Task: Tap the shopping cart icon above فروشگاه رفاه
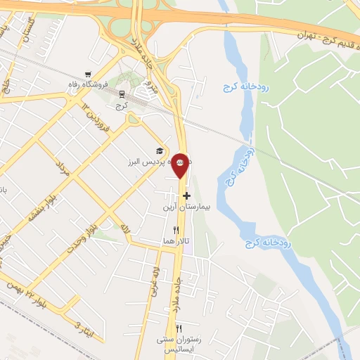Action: click(87, 73)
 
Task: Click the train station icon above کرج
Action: click(122, 93)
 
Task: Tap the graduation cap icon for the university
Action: click(160, 150)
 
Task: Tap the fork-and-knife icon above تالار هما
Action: click(176, 230)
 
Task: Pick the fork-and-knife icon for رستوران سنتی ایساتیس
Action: click(179, 329)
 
